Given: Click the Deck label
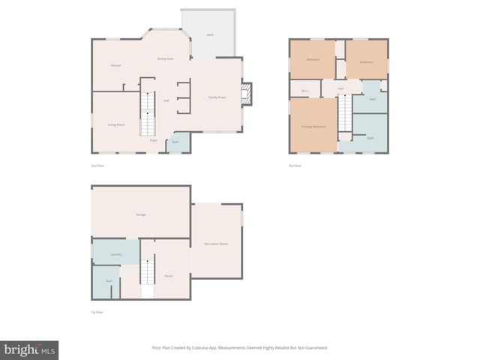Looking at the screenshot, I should click(x=210, y=34).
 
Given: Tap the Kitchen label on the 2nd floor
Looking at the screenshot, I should click(x=115, y=65).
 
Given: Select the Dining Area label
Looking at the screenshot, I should click(x=165, y=58).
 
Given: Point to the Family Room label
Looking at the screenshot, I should click(x=217, y=97).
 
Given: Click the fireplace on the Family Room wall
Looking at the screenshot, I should click(x=245, y=94).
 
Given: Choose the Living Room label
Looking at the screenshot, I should click(x=116, y=124).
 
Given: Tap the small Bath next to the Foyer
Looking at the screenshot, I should click(x=175, y=142).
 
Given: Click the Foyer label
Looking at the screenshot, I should click(x=153, y=140).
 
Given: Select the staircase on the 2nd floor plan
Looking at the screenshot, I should click(x=148, y=112).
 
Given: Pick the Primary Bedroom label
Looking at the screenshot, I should click(x=313, y=127).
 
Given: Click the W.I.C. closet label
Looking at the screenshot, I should click(x=304, y=91).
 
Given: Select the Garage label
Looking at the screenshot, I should click(x=140, y=215).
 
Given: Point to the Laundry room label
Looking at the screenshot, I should click(x=115, y=254).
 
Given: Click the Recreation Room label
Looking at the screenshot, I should click(x=216, y=244).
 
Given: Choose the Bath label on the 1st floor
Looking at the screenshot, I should click(x=109, y=281).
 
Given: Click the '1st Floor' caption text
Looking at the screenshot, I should click(x=97, y=312).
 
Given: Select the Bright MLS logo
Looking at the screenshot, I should click(x=29, y=349).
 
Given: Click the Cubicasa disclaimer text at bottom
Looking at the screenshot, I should click(x=240, y=347).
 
